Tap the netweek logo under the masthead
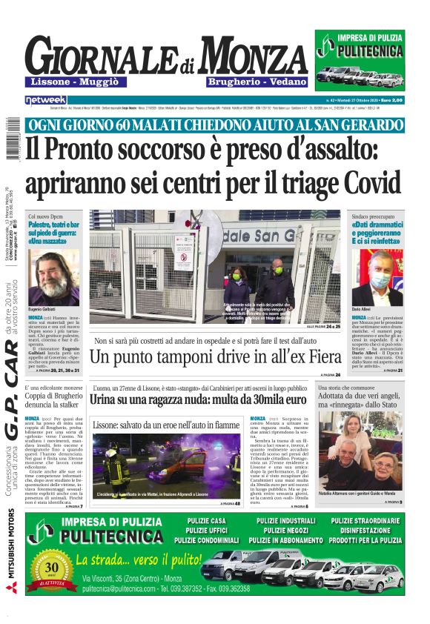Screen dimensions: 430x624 46,99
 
